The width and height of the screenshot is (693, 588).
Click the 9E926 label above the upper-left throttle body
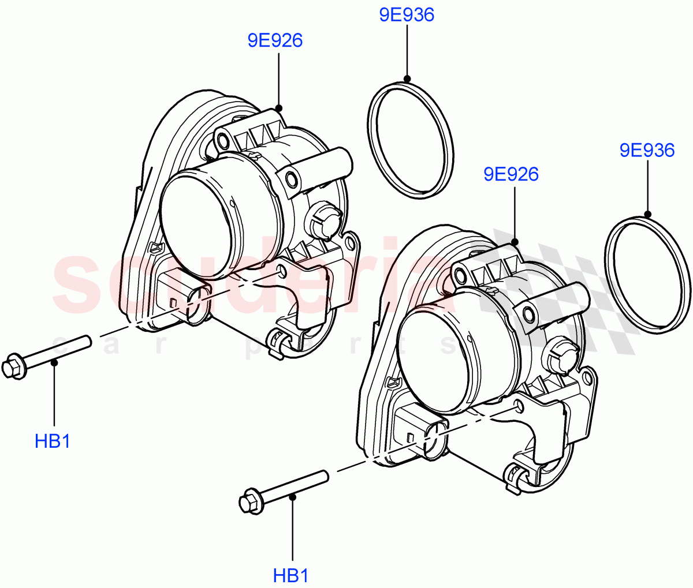click(275, 40)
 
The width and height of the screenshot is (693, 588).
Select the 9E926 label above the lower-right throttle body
click(511, 174)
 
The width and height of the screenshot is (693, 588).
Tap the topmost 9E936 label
click(407, 15)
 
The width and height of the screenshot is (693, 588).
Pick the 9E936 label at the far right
click(647, 151)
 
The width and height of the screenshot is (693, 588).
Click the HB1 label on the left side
click(53, 441)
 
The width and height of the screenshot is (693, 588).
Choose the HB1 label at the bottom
click(290, 575)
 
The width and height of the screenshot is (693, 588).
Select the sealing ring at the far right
click(647, 274)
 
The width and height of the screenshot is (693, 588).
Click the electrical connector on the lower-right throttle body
click(419, 429)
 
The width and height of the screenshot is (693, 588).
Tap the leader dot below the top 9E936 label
click(407, 78)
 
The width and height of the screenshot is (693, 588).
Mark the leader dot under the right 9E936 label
click(647, 214)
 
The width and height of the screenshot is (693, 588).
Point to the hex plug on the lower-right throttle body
click(560, 355)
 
